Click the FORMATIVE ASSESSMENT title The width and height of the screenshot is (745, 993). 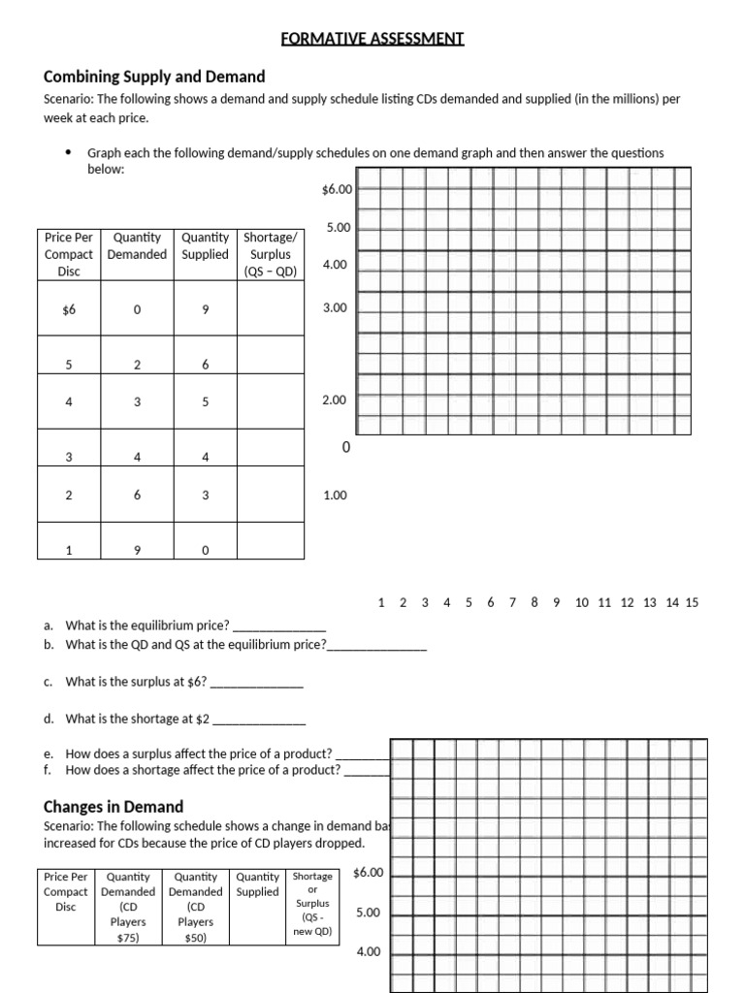coord(372,39)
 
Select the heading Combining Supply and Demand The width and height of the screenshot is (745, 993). coord(154,77)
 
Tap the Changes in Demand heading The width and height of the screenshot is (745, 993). coord(113,806)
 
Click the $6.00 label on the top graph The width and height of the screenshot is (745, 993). coord(336,190)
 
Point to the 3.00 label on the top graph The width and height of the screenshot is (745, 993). coord(335,307)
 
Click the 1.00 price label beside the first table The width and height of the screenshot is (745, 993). coord(335,496)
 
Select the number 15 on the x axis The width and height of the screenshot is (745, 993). coord(692,602)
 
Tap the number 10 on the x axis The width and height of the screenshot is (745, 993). coord(581,602)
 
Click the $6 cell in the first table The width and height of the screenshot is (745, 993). coord(68,309)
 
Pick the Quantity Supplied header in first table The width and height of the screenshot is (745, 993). coord(206,245)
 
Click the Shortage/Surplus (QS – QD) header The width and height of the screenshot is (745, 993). coord(271,254)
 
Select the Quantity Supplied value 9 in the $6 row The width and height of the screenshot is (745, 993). coord(206,309)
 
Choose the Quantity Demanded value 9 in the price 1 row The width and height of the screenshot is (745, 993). coord(137,551)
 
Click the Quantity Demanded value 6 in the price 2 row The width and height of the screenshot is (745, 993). coord(137,495)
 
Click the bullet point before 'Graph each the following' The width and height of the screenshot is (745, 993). coord(68,153)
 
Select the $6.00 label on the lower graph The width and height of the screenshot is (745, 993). coord(369,872)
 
